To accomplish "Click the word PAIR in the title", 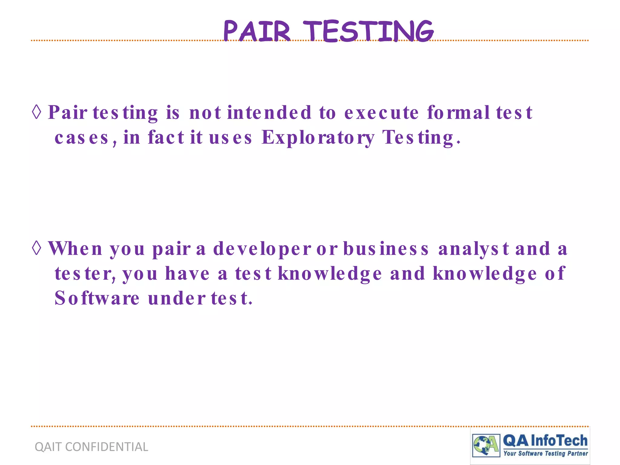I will (x=257, y=31).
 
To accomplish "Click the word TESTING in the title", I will (x=368, y=31).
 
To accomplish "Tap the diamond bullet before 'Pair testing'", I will (x=37, y=112).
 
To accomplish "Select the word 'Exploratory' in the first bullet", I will (x=318, y=138).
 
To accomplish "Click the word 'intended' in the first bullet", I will (x=269, y=113).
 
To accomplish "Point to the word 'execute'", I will (x=381, y=113).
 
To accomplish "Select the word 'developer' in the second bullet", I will (x=262, y=249).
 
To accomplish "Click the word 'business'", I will (x=386, y=249).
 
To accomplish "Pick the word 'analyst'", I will (x=473, y=249).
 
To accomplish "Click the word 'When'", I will (x=75, y=249).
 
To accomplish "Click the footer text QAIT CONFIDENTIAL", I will (x=91, y=447).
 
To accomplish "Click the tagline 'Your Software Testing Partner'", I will (x=546, y=453).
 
